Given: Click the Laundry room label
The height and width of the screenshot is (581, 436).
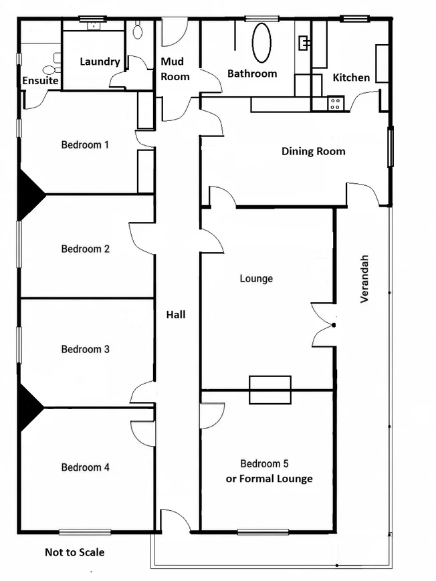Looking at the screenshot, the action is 100,62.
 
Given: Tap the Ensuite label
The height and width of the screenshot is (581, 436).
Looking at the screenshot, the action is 40,80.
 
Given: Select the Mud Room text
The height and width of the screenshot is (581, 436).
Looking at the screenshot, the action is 175,69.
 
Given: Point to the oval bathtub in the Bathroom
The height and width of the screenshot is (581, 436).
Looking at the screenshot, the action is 261,43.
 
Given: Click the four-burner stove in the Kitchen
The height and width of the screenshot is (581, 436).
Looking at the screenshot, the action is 336,104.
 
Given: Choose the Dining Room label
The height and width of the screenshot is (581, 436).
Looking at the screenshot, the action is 313,151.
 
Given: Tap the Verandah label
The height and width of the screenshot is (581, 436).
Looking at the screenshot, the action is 364,279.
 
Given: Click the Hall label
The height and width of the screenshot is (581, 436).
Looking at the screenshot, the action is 176,315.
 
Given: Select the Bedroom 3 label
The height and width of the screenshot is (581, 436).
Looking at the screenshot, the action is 86,349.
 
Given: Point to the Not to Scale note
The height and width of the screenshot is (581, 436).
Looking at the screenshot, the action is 74,552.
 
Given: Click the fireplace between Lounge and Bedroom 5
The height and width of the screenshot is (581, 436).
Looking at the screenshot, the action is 270,390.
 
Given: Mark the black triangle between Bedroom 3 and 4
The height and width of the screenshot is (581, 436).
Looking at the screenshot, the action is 31,408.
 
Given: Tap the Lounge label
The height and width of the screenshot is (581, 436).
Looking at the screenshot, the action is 256,279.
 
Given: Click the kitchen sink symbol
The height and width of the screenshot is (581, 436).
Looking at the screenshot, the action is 305,43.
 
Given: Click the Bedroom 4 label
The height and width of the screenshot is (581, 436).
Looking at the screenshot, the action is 86,467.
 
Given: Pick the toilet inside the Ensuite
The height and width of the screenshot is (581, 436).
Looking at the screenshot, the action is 49,70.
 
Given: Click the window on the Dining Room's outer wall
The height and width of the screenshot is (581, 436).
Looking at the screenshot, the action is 391,146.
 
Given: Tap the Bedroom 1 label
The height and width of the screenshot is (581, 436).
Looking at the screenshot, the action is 85,144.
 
